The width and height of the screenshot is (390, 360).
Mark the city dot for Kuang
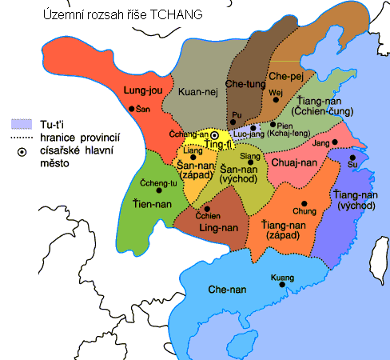coord(279,286)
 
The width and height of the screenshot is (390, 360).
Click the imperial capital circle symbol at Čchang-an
coord(215,134)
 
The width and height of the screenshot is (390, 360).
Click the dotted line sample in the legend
coord(20,138)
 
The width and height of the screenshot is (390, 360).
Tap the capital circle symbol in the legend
coord(19,150)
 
